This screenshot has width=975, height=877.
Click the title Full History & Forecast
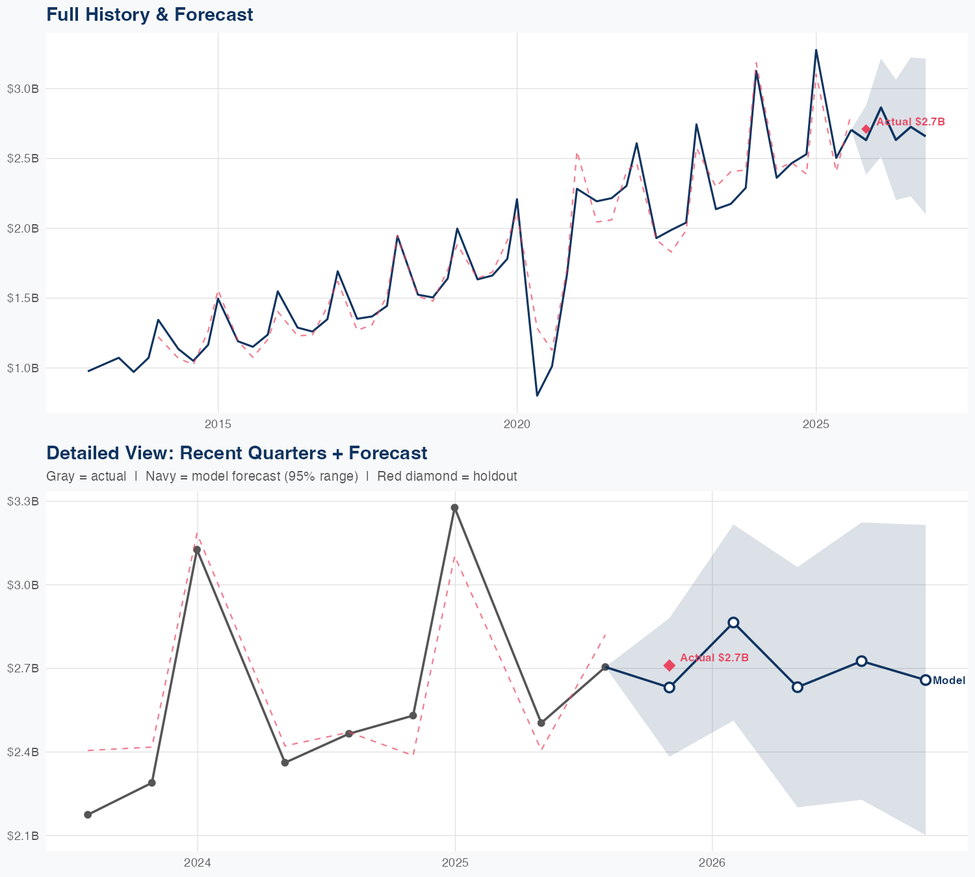(x=149, y=14)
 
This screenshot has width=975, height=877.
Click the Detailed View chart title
(x=237, y=453)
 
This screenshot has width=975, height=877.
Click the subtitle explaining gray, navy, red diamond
(x=281, y=476)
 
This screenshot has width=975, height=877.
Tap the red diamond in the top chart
(x=866, y=129)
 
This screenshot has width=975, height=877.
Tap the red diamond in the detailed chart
(x=669, y=665)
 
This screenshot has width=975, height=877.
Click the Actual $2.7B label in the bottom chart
(x=714, y=658)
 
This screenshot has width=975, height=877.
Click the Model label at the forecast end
(x=949, y=681)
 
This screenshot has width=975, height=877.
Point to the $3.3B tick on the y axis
(x=23, y=502)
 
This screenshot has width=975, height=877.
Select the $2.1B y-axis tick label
(x=23, y=835)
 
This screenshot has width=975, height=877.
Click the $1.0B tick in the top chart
(x=23, y=368)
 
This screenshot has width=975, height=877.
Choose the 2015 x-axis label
(x=218, y=424)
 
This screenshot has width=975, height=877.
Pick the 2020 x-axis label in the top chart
(x=517, y=424)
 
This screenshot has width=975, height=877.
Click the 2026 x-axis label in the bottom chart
(x=712, y=863)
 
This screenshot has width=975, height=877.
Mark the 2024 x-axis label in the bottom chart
(x=198, y=863)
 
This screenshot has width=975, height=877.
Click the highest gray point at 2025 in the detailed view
(x=455, y=508)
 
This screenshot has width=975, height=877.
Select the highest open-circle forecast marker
(x=733, y=622)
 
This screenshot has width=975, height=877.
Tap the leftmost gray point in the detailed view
(x=88, y=815)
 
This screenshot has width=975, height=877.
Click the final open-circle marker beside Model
(x=925, y=680)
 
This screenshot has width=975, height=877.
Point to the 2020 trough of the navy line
(x=537, y=395)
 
